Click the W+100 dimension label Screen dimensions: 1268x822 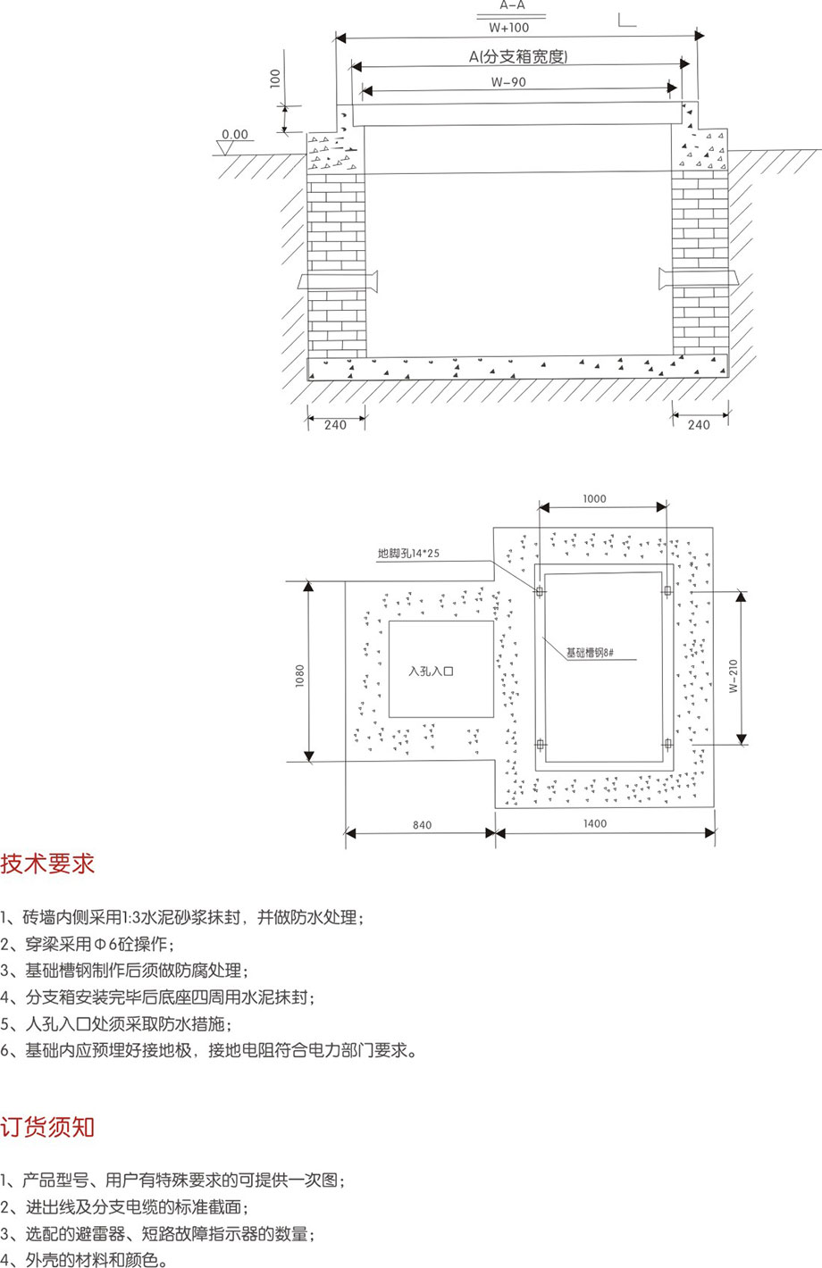pyautogui.click(x=509, y=28)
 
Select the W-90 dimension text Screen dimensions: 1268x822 pyautogui.click(x=508, y=82)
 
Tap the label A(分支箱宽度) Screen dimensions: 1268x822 pyautogui.click(x=518, y=57)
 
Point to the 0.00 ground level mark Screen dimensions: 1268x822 pyautogui.click(x=235, y=135)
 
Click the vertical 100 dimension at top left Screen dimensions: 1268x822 pyautogui.click(x=275, y=79)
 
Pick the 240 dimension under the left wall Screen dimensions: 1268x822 pyautogui.click(x=335, y=425)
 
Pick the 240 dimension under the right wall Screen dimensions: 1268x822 pyautogui.click(x=699, y=425)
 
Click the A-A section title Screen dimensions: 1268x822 pyautogui.click(x=512, y=5)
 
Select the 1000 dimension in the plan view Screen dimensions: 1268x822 pyautogui.click(x=594, y=499)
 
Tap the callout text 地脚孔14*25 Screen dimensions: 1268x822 pyautogui.click(x=409, y=554)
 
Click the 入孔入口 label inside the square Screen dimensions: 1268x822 pyautogui.click(x=431, y=671)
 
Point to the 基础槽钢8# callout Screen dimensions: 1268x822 pyautogui.click(x=589, y=653)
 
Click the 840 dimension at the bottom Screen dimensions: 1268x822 pyautogui.click(x=422, y=825)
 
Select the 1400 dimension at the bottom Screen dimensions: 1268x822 pyautogui.click(x=594, y=823)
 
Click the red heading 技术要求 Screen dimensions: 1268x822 pyautogui.click(x=47, y=863)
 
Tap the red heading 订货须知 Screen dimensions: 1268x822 pyautogui.click(x=47, y=1127)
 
